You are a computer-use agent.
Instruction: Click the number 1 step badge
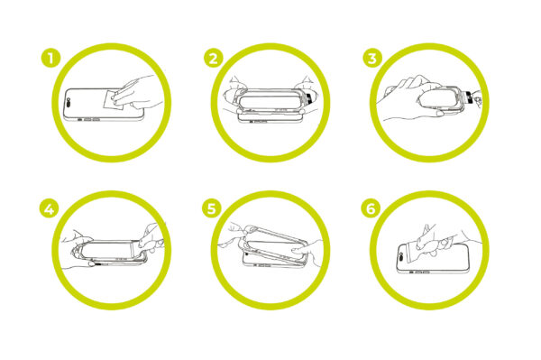click(50, 58)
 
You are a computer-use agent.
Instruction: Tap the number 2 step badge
click(213, 58)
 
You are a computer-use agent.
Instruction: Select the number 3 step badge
click(371, 58)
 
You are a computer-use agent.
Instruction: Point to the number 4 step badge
click(49, 208)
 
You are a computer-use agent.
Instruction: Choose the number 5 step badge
click(211, 208)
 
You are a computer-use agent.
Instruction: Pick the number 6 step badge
click(371, 208)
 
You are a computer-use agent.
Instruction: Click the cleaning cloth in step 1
click(113, 100)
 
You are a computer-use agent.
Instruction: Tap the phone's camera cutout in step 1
click(69, 103)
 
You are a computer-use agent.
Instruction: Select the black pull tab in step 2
click(309, 98)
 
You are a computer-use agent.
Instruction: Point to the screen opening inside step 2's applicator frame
click(270, 102)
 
